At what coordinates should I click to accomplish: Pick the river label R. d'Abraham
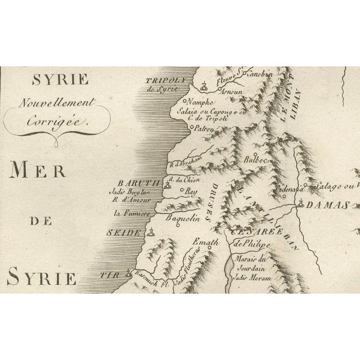(181, 164)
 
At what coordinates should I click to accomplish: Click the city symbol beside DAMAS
(303, 204)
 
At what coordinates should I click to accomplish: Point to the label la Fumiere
(130, 214)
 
